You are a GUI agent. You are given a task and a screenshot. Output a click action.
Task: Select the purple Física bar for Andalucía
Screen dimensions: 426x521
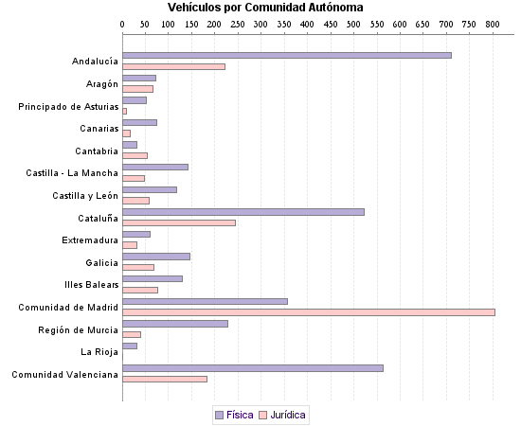click(286, 55)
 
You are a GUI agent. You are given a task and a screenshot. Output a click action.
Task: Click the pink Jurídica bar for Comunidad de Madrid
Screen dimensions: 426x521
click(308, 312)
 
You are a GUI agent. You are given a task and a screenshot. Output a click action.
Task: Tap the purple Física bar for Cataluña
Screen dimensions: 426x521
click(243, 211)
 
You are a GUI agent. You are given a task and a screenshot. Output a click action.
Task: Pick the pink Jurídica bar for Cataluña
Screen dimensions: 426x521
click(178, 222)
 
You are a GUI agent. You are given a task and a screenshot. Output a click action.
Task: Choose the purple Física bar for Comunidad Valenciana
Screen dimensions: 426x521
click(252, 367)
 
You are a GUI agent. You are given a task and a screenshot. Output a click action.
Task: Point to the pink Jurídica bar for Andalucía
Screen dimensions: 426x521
click(173, 66)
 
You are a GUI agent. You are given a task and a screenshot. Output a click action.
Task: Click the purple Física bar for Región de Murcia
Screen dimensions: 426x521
click(175, 323)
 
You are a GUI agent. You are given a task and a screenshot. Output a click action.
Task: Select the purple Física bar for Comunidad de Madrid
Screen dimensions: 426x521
click(205, 301)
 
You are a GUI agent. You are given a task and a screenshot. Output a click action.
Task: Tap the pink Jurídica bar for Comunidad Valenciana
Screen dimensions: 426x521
click(164, 379)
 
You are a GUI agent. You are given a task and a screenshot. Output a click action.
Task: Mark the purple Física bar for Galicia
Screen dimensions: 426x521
click(156, 256)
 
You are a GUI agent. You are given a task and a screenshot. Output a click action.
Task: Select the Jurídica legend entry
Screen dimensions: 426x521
click(282, 415)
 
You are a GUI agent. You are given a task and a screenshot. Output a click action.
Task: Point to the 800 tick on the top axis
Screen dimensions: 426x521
click(492, 23)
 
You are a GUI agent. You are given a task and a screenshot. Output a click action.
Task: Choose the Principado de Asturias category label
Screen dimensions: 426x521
click(68, 106)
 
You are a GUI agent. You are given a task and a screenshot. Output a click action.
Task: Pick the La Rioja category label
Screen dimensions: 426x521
click(99, 351)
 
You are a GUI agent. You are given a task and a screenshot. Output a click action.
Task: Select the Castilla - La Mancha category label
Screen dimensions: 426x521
click(72, 173)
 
